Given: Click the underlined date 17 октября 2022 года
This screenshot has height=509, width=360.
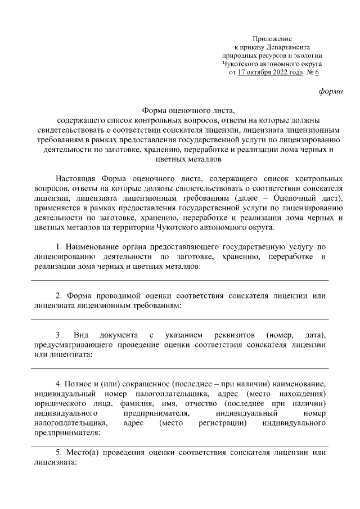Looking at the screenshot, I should pos(271,73).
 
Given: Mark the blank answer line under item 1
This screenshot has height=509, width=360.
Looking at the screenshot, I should pos(179,280).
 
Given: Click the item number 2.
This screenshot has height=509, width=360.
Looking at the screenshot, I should pos(58,296).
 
